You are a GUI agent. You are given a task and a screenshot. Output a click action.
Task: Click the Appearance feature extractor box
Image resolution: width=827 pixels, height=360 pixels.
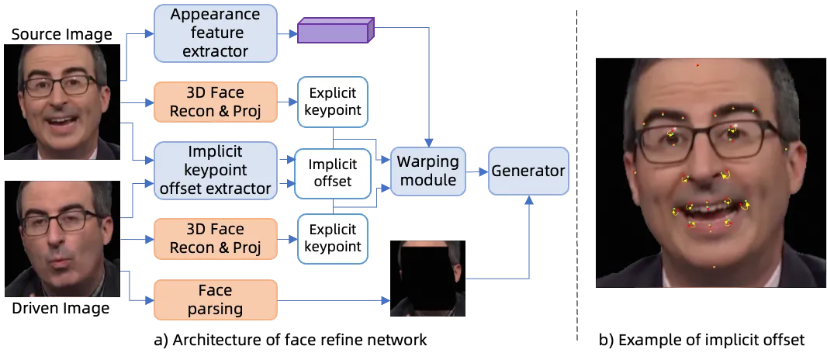tap(215, 33)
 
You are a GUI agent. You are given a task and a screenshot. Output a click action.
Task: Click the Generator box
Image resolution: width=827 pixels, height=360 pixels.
tap(528, 171)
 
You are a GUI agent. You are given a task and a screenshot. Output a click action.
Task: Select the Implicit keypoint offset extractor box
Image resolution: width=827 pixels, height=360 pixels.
tap(215, 170)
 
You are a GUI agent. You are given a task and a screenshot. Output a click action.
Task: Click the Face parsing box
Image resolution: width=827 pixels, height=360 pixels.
tap(215, 299)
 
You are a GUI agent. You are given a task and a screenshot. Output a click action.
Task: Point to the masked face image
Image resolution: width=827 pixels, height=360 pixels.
tap(427, 279)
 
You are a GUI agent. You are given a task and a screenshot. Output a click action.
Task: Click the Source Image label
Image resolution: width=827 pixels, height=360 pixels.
tap(62, 35)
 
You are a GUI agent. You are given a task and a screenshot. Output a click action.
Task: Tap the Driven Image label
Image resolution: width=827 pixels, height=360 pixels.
tap(61, 308)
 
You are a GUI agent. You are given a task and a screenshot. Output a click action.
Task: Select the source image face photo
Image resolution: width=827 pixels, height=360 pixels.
tap(62, 102)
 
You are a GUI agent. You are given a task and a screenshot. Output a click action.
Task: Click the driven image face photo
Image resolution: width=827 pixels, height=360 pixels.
tap(62, 239)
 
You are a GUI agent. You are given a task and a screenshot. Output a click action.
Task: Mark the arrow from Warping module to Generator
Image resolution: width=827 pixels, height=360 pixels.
tap(476, 171)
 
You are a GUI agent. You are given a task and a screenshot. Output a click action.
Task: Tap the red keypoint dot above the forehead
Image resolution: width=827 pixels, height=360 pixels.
tap(697, 65)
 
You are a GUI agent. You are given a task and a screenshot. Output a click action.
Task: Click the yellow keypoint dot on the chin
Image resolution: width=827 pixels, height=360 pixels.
tap(715, 267)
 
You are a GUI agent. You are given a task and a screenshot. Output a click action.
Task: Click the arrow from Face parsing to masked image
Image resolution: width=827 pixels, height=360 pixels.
tap(334, 301)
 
